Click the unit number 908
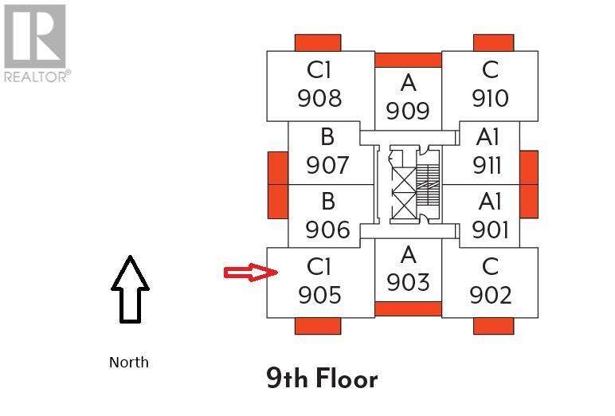tap(319, 98)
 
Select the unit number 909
tap(408, 111)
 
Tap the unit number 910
tap(490, 98)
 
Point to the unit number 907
tap(327, 165)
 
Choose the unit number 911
tap(487, 165)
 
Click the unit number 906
tap(327, 230)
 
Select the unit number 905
tap(319, 295)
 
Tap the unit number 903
tap(408, 282)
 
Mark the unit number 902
tap(490, 295)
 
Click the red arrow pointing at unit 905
tap(249, 273)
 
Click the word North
tap(129, 363)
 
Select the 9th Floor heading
tap(322, 378)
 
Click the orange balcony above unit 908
tap(318, 42)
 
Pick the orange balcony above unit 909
tap(408, 60)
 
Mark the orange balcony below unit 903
tap(408, 309)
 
